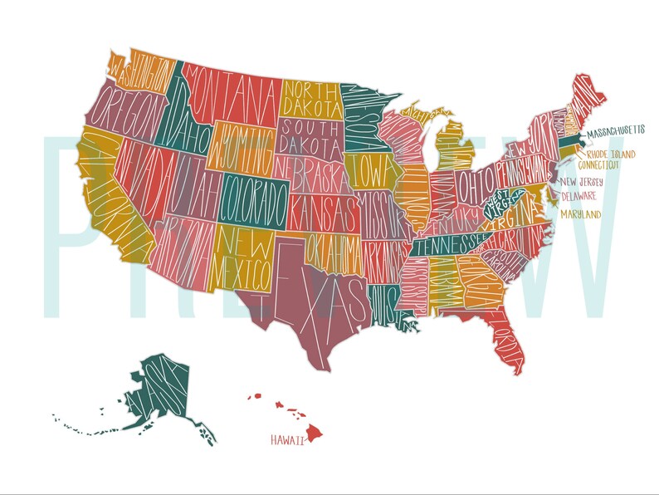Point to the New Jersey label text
tap(581, 182)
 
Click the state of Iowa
tap(364, 171)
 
